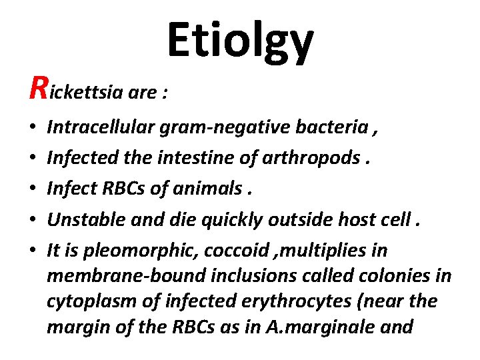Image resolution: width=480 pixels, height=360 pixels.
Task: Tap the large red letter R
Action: pyautogui.click(x=38, y=85)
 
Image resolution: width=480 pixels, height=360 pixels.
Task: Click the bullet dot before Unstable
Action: pyautogui.click(x=33, y=220)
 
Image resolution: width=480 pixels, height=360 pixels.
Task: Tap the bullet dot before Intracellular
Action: pyautogui.click(x=33, y=127)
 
